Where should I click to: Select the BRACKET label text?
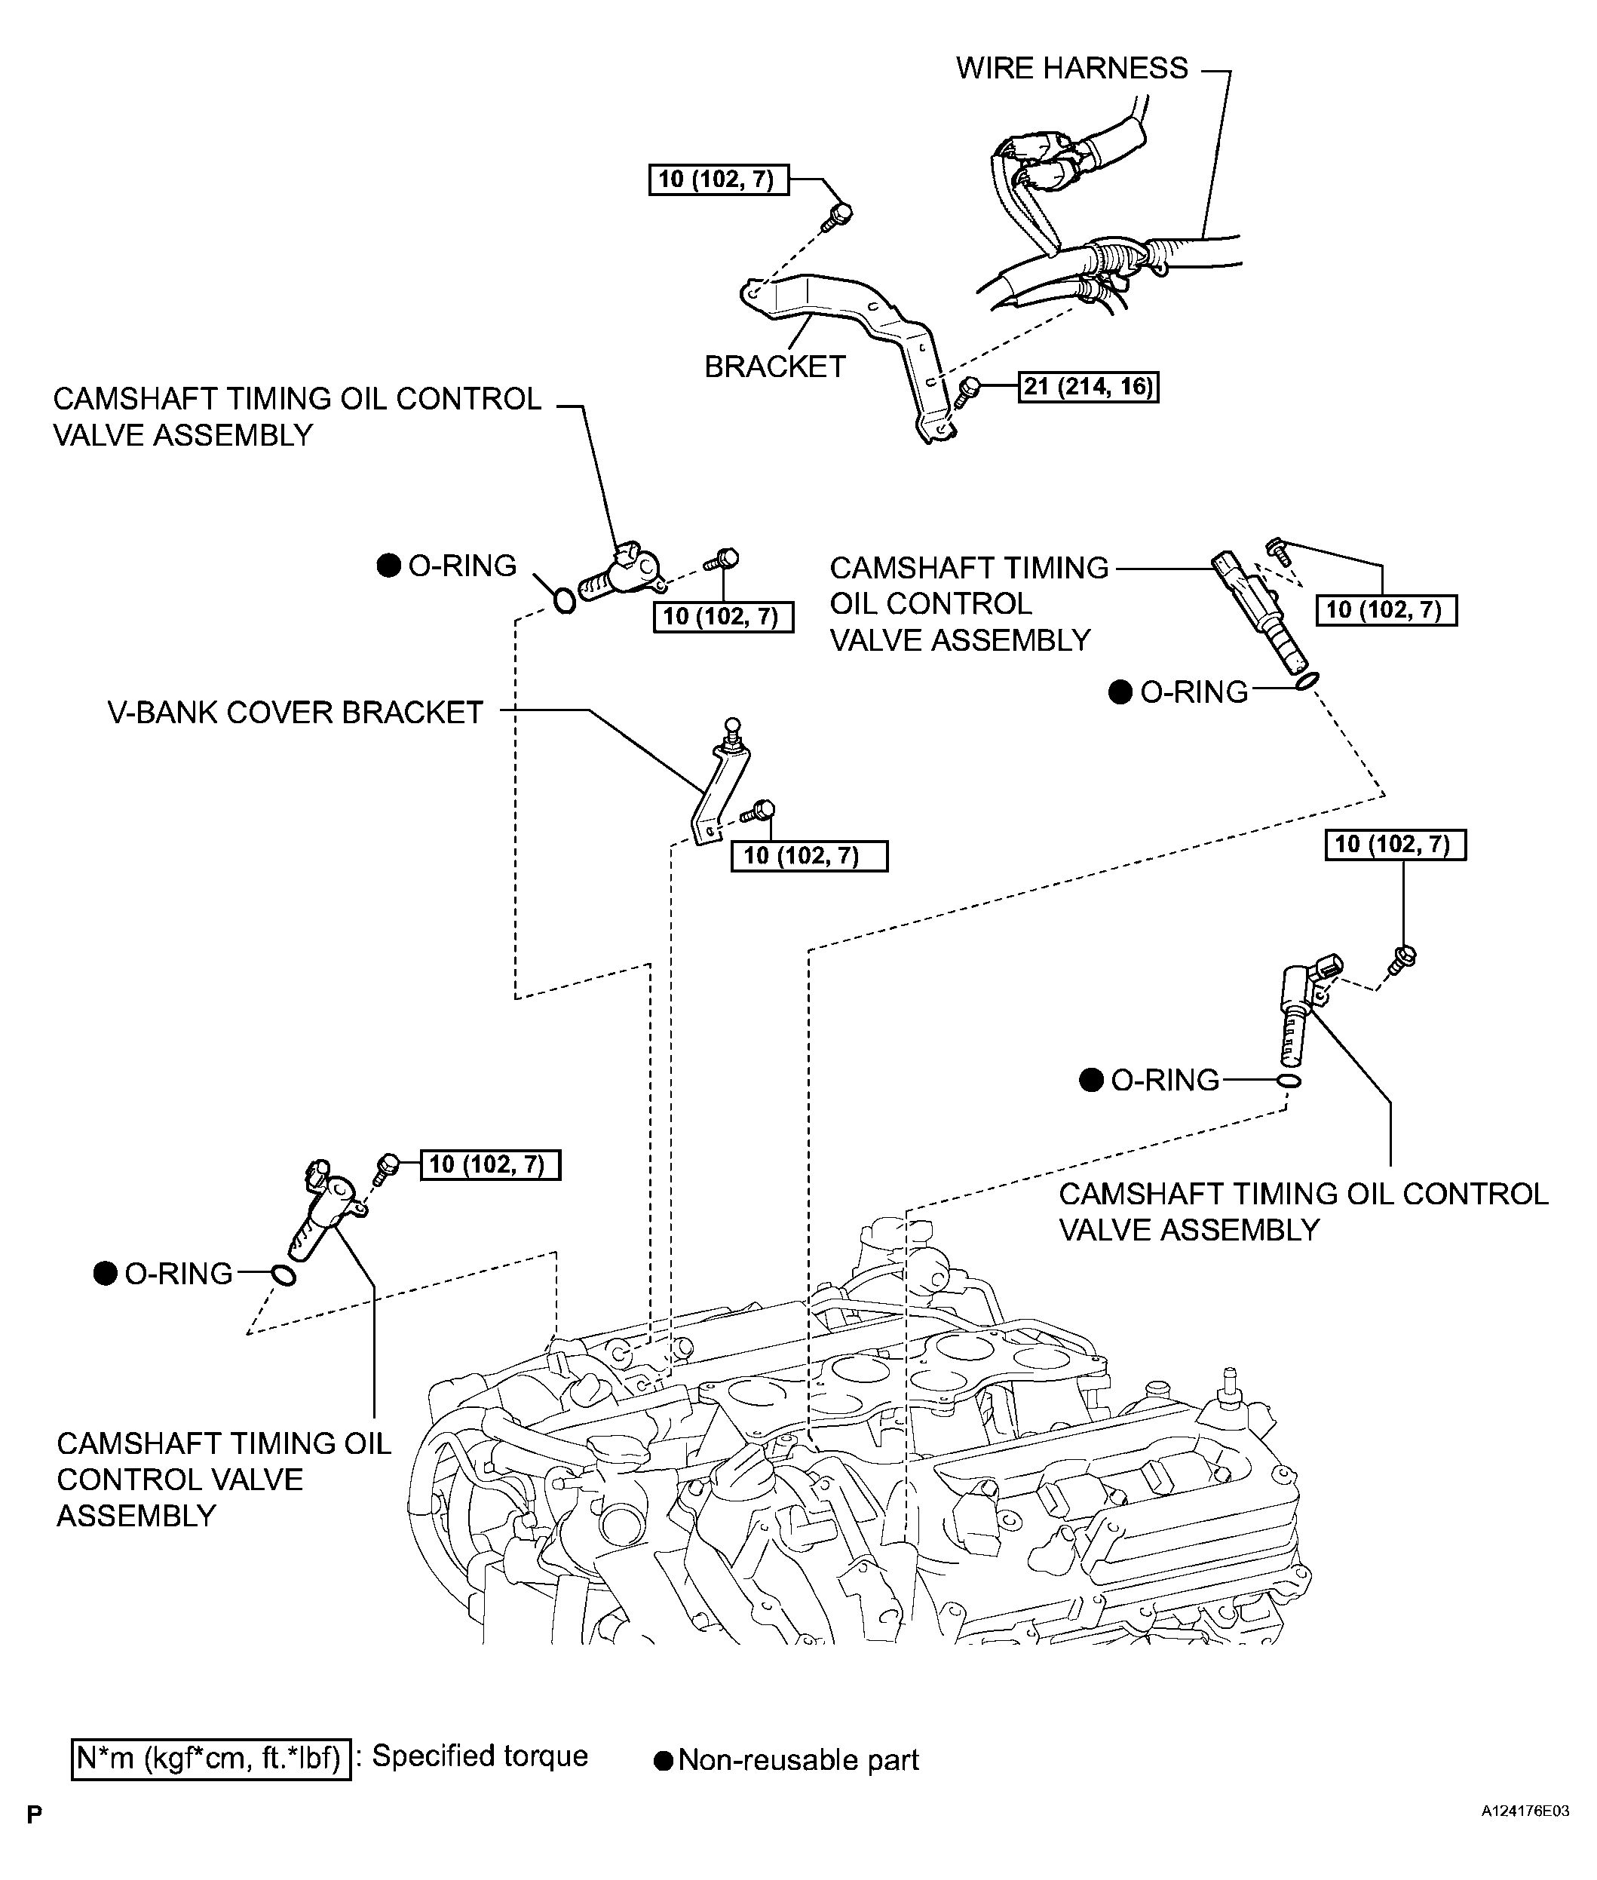click(774, 366)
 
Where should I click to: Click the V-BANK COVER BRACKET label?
click(295, 713)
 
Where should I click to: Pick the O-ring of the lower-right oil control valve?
click(1289, 1081)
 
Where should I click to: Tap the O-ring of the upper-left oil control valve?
click(563, 600)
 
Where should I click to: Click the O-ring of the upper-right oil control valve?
click(1307, 681)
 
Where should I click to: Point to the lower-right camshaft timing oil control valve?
click(1296, 1010)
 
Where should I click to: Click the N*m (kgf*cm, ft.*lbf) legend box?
click(210, 1758)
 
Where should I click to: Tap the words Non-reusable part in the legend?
click(798, 1759)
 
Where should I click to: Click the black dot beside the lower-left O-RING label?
click(106, 1274)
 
